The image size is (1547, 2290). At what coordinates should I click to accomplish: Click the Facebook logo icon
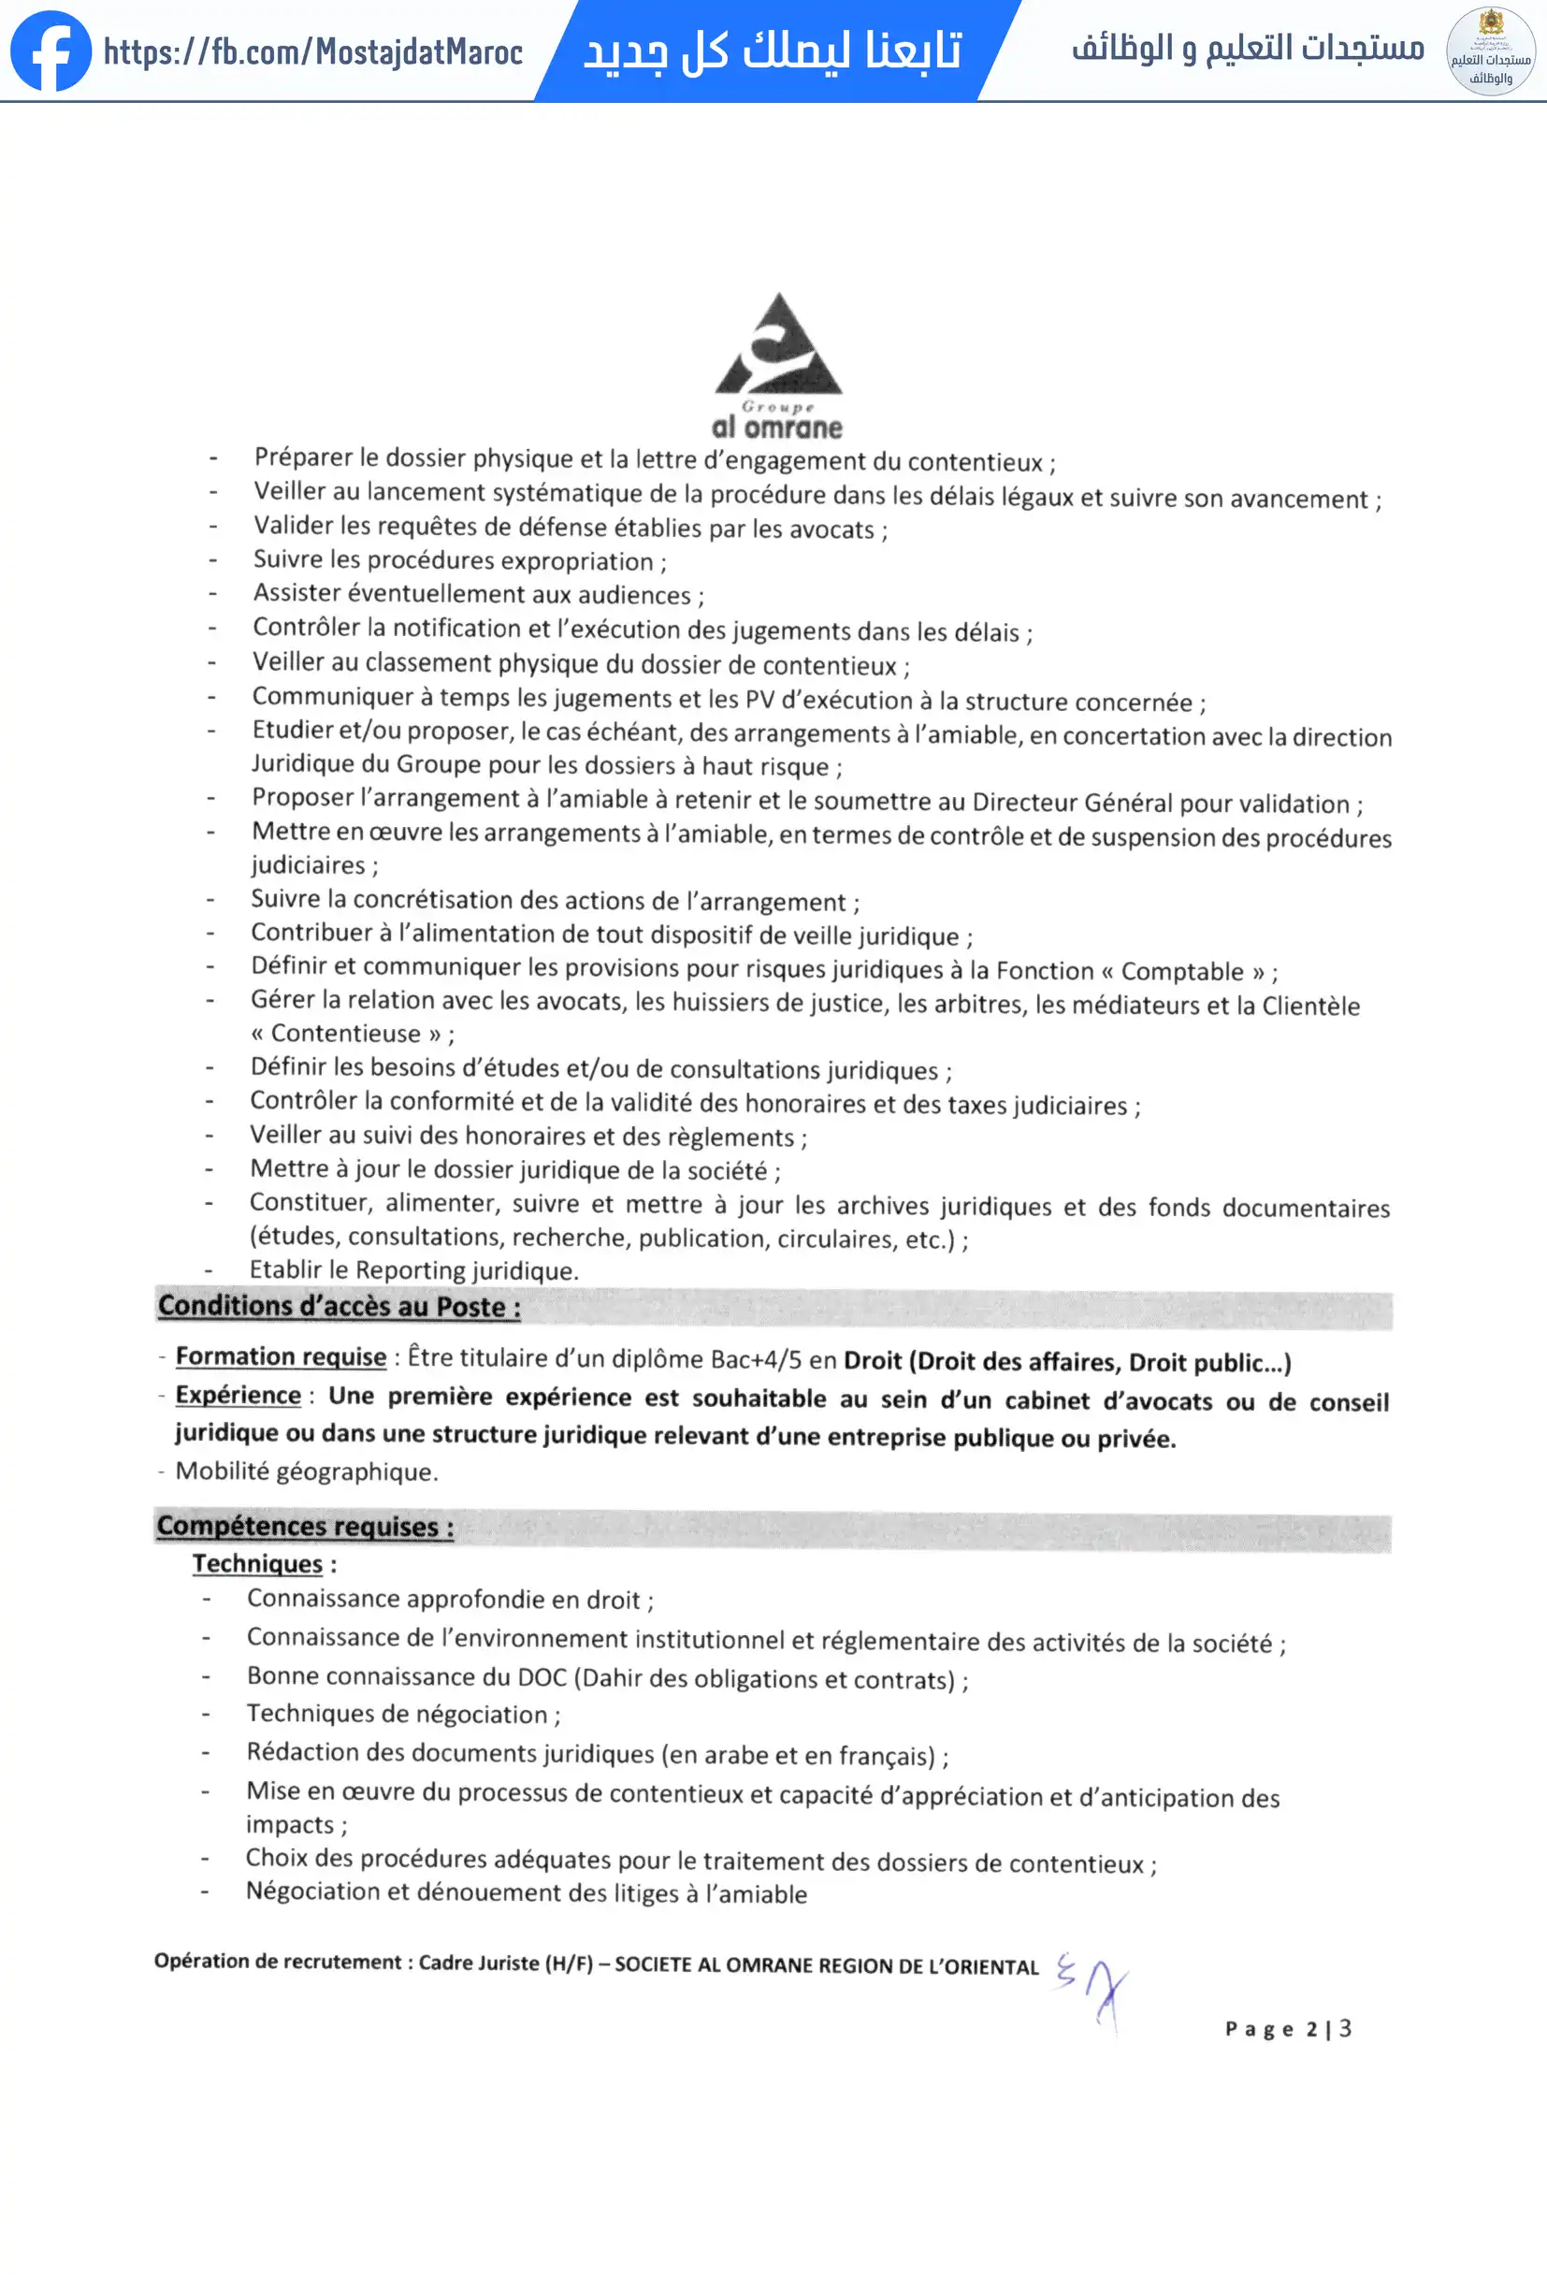click(51, 51)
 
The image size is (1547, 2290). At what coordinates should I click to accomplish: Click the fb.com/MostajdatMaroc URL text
click(312, 51)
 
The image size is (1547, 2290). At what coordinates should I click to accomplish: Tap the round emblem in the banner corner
click(1490, 51)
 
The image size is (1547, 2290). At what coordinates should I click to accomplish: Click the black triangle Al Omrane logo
click(778, 347)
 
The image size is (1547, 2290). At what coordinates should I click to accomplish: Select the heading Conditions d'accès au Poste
click(339, 1307)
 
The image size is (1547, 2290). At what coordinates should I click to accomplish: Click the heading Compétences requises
click(306, 1527)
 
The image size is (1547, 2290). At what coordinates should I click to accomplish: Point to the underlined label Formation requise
click(281, 1356)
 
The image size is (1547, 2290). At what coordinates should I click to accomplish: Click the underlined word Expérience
click(238, 1396)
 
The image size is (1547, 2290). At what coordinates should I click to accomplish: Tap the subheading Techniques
click(257, 1564)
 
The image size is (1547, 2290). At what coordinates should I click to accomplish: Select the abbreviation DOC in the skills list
click(542, 1677)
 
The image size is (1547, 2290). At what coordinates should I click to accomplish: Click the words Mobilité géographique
click(307, 1472)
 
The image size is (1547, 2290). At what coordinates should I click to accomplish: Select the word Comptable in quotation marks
click(1182, 972)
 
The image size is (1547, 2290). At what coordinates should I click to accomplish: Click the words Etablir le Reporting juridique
click(412, 1270)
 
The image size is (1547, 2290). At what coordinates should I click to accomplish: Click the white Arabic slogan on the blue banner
click(773, 51)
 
